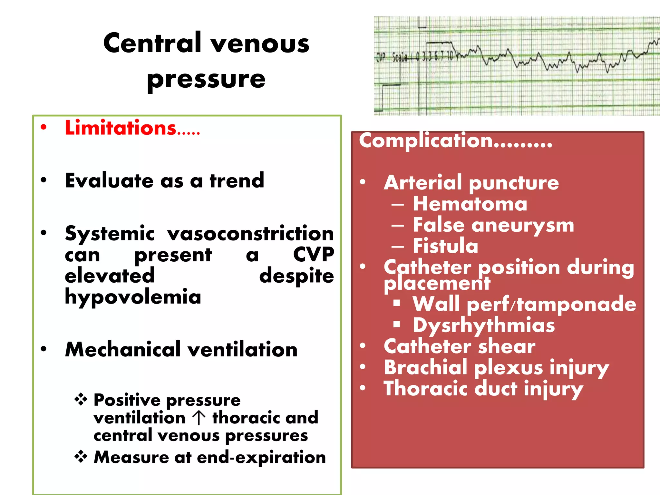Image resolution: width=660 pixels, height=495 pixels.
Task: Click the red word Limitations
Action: point(121,128)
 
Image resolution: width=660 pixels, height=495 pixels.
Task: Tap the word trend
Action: point(237,180)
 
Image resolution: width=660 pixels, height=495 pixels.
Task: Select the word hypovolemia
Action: point(133,297)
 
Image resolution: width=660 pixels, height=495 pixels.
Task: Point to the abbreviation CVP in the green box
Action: point(313,255)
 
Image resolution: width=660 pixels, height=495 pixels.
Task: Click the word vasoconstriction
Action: point(250,233)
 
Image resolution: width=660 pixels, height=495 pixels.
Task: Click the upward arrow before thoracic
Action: point(199,418)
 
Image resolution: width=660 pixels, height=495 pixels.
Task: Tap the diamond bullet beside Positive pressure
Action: point(81,400)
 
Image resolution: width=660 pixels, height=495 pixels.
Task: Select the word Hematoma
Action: point(470,204)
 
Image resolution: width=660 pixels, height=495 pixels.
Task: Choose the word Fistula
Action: point(445,246)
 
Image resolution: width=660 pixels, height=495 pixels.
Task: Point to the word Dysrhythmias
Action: point(484,325)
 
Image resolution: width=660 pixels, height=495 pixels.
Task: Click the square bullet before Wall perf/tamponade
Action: point(396,303)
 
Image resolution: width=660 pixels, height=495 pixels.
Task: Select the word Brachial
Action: point(425,367)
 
